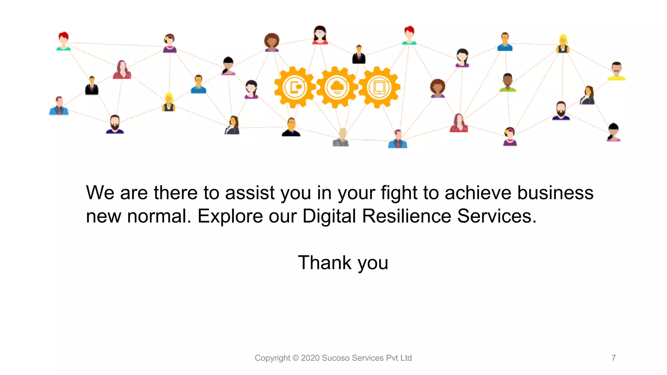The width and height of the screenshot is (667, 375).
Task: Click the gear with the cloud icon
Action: point(337,87)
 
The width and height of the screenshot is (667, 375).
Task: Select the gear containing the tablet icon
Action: point(379,87)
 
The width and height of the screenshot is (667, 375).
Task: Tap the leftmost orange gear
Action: point(295,87)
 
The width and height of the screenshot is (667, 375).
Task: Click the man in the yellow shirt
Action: point(616,71)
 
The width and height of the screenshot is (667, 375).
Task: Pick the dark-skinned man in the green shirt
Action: point(507,83)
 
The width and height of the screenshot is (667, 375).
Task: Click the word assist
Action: point(250,193)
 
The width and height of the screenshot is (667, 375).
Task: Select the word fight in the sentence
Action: point(399,193)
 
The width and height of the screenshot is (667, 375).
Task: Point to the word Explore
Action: point(230,216)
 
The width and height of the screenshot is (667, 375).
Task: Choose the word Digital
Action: point(329,216)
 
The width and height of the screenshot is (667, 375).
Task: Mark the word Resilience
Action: point(406,216)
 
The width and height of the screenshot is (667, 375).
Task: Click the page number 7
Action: point(614,358)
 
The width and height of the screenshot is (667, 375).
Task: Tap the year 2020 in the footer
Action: point(310,358)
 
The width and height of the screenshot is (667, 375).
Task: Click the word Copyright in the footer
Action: point(272,358)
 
